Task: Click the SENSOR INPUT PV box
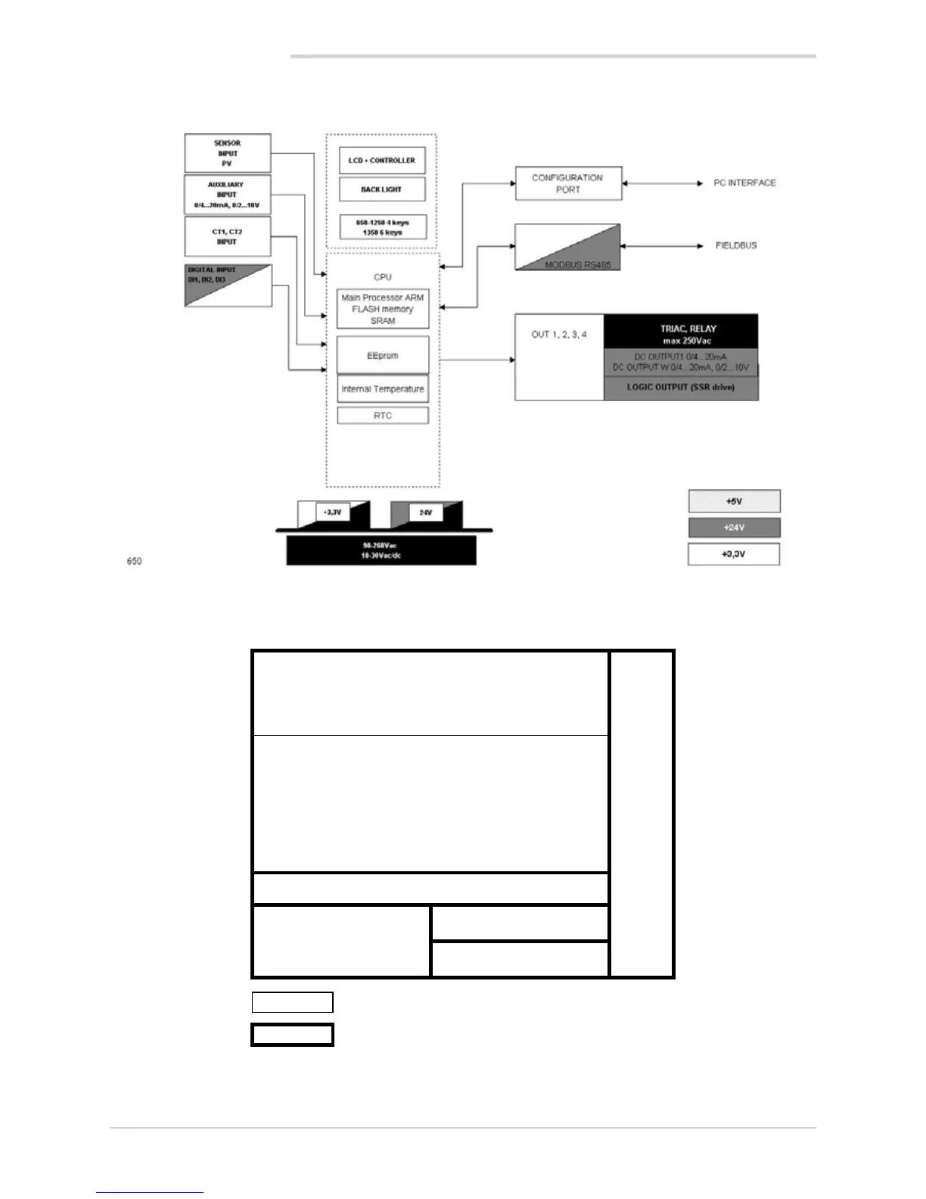(x=227, y=153)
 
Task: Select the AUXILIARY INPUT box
(x=227, y=195)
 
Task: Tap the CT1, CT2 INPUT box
(x=227, y=236)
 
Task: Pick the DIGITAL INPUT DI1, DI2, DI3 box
(x=227, y=285)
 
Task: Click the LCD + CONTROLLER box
(x=382, y=160)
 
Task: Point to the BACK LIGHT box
(x=382, y=189)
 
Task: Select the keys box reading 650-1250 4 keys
(x=382, y=227)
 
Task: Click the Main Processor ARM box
(x=382, y=309)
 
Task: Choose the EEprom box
(x=382, y=355)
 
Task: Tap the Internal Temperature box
(x=382, y=389)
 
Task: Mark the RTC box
(x=382, y=416)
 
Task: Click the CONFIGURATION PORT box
(x=568, y=183)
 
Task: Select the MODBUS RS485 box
(x=567, y=247)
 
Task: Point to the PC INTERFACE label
(x=744, y=183)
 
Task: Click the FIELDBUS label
(x=736, y=246)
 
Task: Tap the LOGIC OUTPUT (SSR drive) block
(x=680, y=388)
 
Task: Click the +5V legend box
(x=734, y=501)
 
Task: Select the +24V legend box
(x=734, y=528)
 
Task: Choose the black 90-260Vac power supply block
(x=381, y=550)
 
